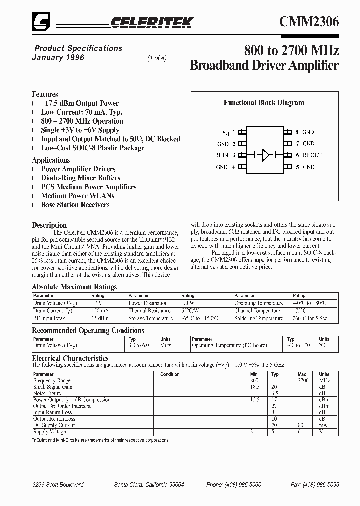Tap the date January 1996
click(x=58, y=58)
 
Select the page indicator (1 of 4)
click(x=157, y=58)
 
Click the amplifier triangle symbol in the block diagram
click(x=265, y=155)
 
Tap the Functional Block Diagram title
click(x=264, y=103)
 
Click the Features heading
click(x=45, y=94)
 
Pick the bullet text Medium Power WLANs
click(x=78, y=196)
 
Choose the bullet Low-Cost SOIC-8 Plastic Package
click(x=93, y=148)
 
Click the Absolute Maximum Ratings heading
click(x=74, y=287)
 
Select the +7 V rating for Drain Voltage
click(x=97, y=303)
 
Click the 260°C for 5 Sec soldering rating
click(x=310, y=318)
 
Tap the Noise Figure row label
click(x=47, y=393)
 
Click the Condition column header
click(x=170, y=374)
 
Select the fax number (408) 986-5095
click(x=315, y=485)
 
